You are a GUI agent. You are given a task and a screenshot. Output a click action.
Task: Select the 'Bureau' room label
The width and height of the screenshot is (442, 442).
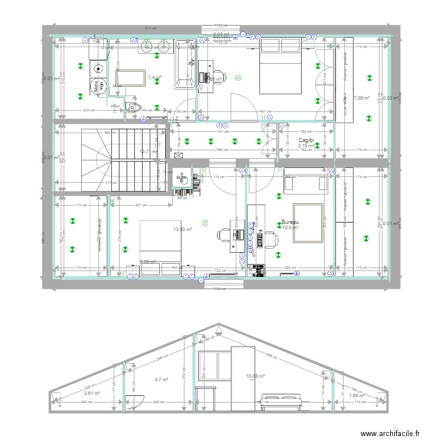tap(291, 222)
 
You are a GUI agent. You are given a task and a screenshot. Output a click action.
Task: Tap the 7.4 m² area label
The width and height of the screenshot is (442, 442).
tap(155, 77)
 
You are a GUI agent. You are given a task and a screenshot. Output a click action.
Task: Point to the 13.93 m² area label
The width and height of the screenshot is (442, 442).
tap(183, 229)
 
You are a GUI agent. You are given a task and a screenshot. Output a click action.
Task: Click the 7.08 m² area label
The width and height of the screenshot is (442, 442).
tap(361, 98)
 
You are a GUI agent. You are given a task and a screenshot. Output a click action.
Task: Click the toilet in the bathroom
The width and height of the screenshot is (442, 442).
tap(134, 107)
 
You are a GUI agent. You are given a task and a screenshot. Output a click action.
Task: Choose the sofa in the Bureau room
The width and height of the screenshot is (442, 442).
tap(305, 182)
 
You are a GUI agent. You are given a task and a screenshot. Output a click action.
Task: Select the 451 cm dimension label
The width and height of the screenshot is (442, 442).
tap(265, 111)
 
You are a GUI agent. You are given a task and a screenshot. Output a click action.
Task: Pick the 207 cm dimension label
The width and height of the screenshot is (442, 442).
tap(140, 204)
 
